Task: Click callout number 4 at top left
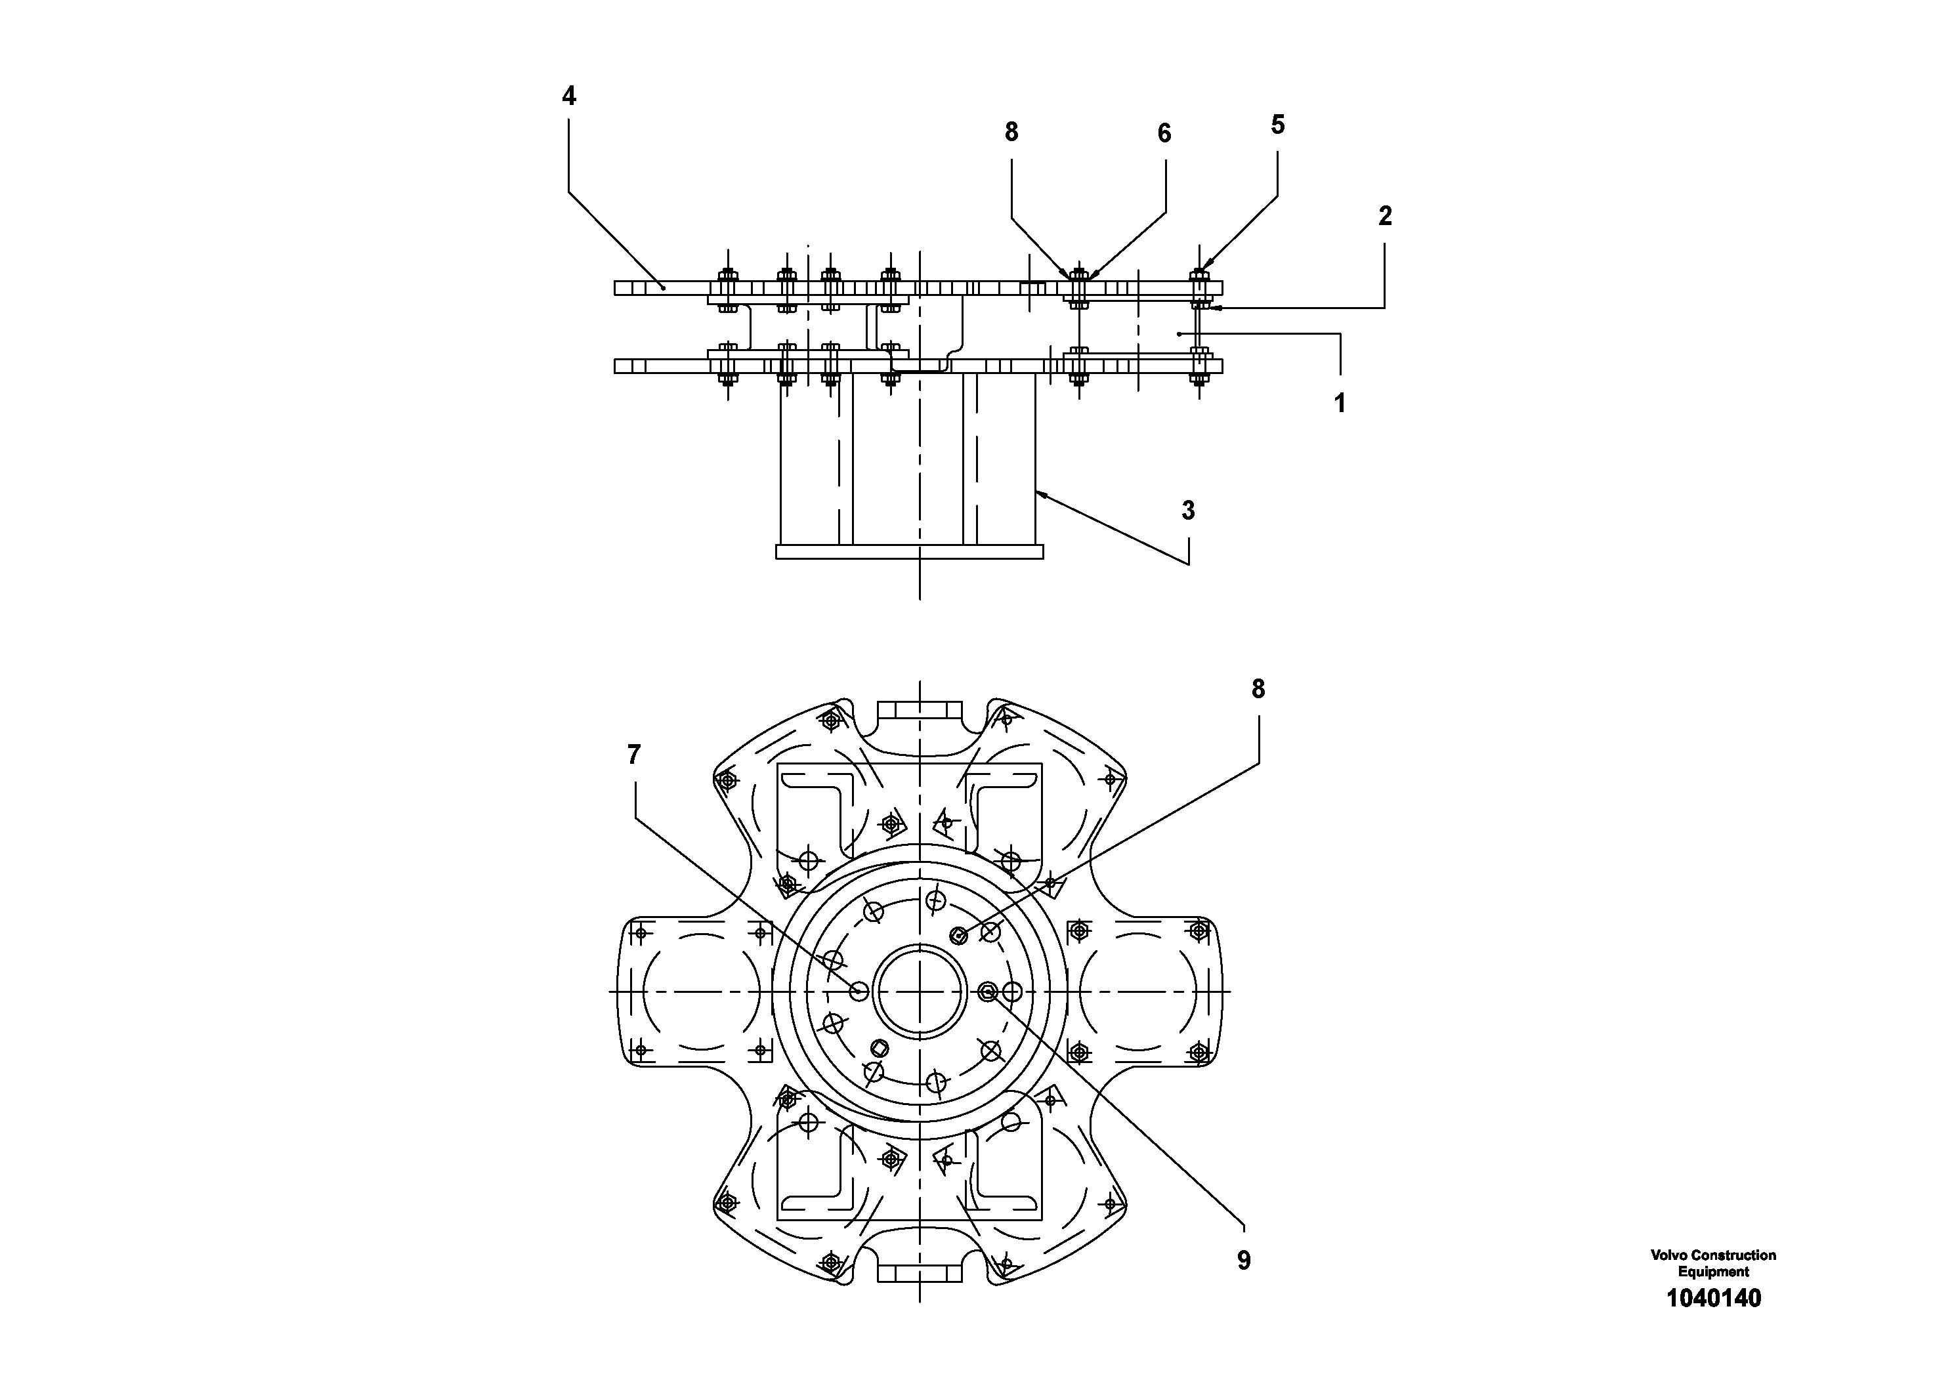(x=568, y=97)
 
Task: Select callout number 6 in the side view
(x=1164, y=134)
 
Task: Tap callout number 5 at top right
(x=1277, y=125)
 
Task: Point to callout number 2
(x=1385, y=217)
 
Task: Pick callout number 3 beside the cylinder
(x=1188, y=511)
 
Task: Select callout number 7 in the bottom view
(x=633, y=755)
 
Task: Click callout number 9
(x=1243, y=1261)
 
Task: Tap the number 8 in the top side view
(x=1011, y=132)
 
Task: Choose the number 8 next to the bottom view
(x=1258, y=689)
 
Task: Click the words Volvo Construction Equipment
(x=1713, y=1263)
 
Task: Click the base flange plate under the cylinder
(x=909, y=552)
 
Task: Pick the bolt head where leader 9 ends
(x=987, y=990)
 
